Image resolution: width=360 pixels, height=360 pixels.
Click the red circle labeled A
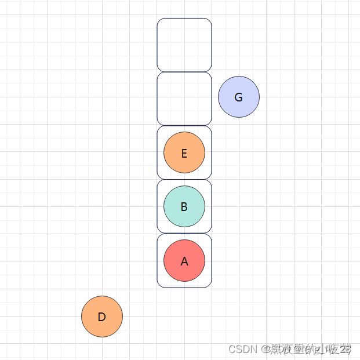(x=184, y=260)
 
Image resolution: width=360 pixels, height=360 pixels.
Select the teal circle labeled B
(x=184, y=206)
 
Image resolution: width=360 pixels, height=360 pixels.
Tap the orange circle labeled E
(x=184, y=153)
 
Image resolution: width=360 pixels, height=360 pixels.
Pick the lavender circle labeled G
(x=239, y=97)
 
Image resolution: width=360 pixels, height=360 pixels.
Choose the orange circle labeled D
(x=102, y=317)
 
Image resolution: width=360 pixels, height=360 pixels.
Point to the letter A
(x=184, y=261)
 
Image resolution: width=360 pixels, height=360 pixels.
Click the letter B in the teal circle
(x=184, y=207)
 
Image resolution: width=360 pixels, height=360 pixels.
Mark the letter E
(x=184, y=154)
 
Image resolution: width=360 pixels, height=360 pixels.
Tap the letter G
(x=238, y=97)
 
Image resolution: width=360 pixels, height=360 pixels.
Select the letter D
(x=102, y=317)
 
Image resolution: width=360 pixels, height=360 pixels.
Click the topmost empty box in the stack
(x=184, y=45)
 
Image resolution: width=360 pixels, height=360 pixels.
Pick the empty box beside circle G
(x=184, y=99)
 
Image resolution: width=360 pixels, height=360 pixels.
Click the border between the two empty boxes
(x=184, y=72)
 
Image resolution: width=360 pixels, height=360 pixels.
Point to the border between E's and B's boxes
(x=184, y=180)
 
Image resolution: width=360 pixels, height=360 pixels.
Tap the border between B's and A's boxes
(x=184, y=234)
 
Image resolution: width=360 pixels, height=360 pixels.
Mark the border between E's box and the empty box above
(x=184, y=126)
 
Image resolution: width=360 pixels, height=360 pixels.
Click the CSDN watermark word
(x=242, y=349)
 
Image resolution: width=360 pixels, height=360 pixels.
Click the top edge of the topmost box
(x=184, y=19)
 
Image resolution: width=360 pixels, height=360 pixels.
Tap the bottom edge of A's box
(x=184, y=287)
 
